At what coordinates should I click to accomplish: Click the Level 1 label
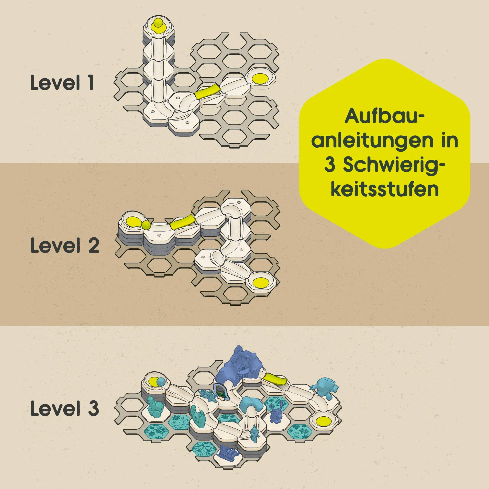coord(62,82)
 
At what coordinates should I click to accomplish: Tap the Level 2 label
coord(65,245)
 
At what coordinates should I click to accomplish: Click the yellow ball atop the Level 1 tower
coord(159,24)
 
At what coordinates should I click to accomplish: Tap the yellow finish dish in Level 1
coord(261,78)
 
